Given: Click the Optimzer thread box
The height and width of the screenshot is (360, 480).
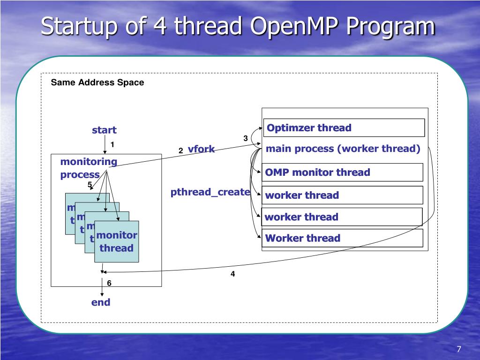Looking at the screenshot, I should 344,127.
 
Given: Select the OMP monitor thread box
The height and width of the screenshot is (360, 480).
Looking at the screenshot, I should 343,172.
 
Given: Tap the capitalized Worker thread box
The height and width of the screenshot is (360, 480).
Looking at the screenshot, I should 343,238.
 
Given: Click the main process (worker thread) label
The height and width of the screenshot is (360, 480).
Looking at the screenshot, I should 343,149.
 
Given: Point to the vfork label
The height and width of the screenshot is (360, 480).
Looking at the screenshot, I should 201,149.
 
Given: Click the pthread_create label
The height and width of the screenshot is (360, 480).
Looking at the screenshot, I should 210,192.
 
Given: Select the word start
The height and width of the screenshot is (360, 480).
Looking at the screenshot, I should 104,130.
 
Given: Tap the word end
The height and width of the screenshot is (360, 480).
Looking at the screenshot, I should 101,302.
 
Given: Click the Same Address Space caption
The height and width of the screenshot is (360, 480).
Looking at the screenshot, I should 97,82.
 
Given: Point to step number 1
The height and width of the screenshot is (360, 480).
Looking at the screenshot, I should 112,144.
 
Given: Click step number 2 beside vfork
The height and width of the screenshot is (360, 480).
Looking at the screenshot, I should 180,150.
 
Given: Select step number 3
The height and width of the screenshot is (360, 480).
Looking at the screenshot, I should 245,138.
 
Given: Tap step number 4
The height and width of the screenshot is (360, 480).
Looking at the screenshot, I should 232,274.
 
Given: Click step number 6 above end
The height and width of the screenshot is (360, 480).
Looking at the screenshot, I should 109,283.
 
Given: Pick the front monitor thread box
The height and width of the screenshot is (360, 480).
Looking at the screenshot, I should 116,241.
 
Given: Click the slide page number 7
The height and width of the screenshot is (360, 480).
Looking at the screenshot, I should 459,349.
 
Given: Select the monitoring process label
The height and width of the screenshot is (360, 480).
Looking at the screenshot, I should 88,168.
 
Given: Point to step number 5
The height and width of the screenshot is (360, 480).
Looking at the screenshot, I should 90,184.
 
